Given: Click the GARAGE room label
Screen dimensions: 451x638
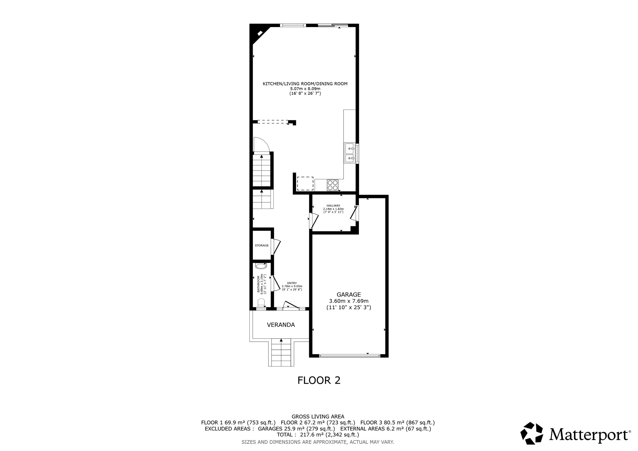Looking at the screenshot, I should coord(349,294).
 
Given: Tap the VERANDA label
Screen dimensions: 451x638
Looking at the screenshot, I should coord(281,325).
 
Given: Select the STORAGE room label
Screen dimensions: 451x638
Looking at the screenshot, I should coord(262,245).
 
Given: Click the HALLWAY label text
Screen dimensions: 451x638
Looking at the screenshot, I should coord(333,206).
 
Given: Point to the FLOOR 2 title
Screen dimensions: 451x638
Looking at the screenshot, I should coord(319,380).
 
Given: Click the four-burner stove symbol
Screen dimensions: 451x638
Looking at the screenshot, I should coord(332,185).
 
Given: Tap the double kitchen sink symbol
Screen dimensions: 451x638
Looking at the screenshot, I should coord(350,153).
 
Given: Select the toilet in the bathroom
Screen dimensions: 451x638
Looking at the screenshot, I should coord(261,303).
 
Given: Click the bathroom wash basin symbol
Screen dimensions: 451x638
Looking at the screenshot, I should coord(261,266).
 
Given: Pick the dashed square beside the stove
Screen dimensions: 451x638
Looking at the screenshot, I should coord(305,183).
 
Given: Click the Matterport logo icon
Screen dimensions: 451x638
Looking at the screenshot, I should coord(532,433).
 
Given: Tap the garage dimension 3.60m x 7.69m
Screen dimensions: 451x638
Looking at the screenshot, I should coord(349,301).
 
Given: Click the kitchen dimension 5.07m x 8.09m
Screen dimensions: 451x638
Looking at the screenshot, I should coord(305,88).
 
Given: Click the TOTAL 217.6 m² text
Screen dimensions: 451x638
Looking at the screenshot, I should coord(318,434).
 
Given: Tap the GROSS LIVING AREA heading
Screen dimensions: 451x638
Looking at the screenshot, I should coord(318,416).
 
